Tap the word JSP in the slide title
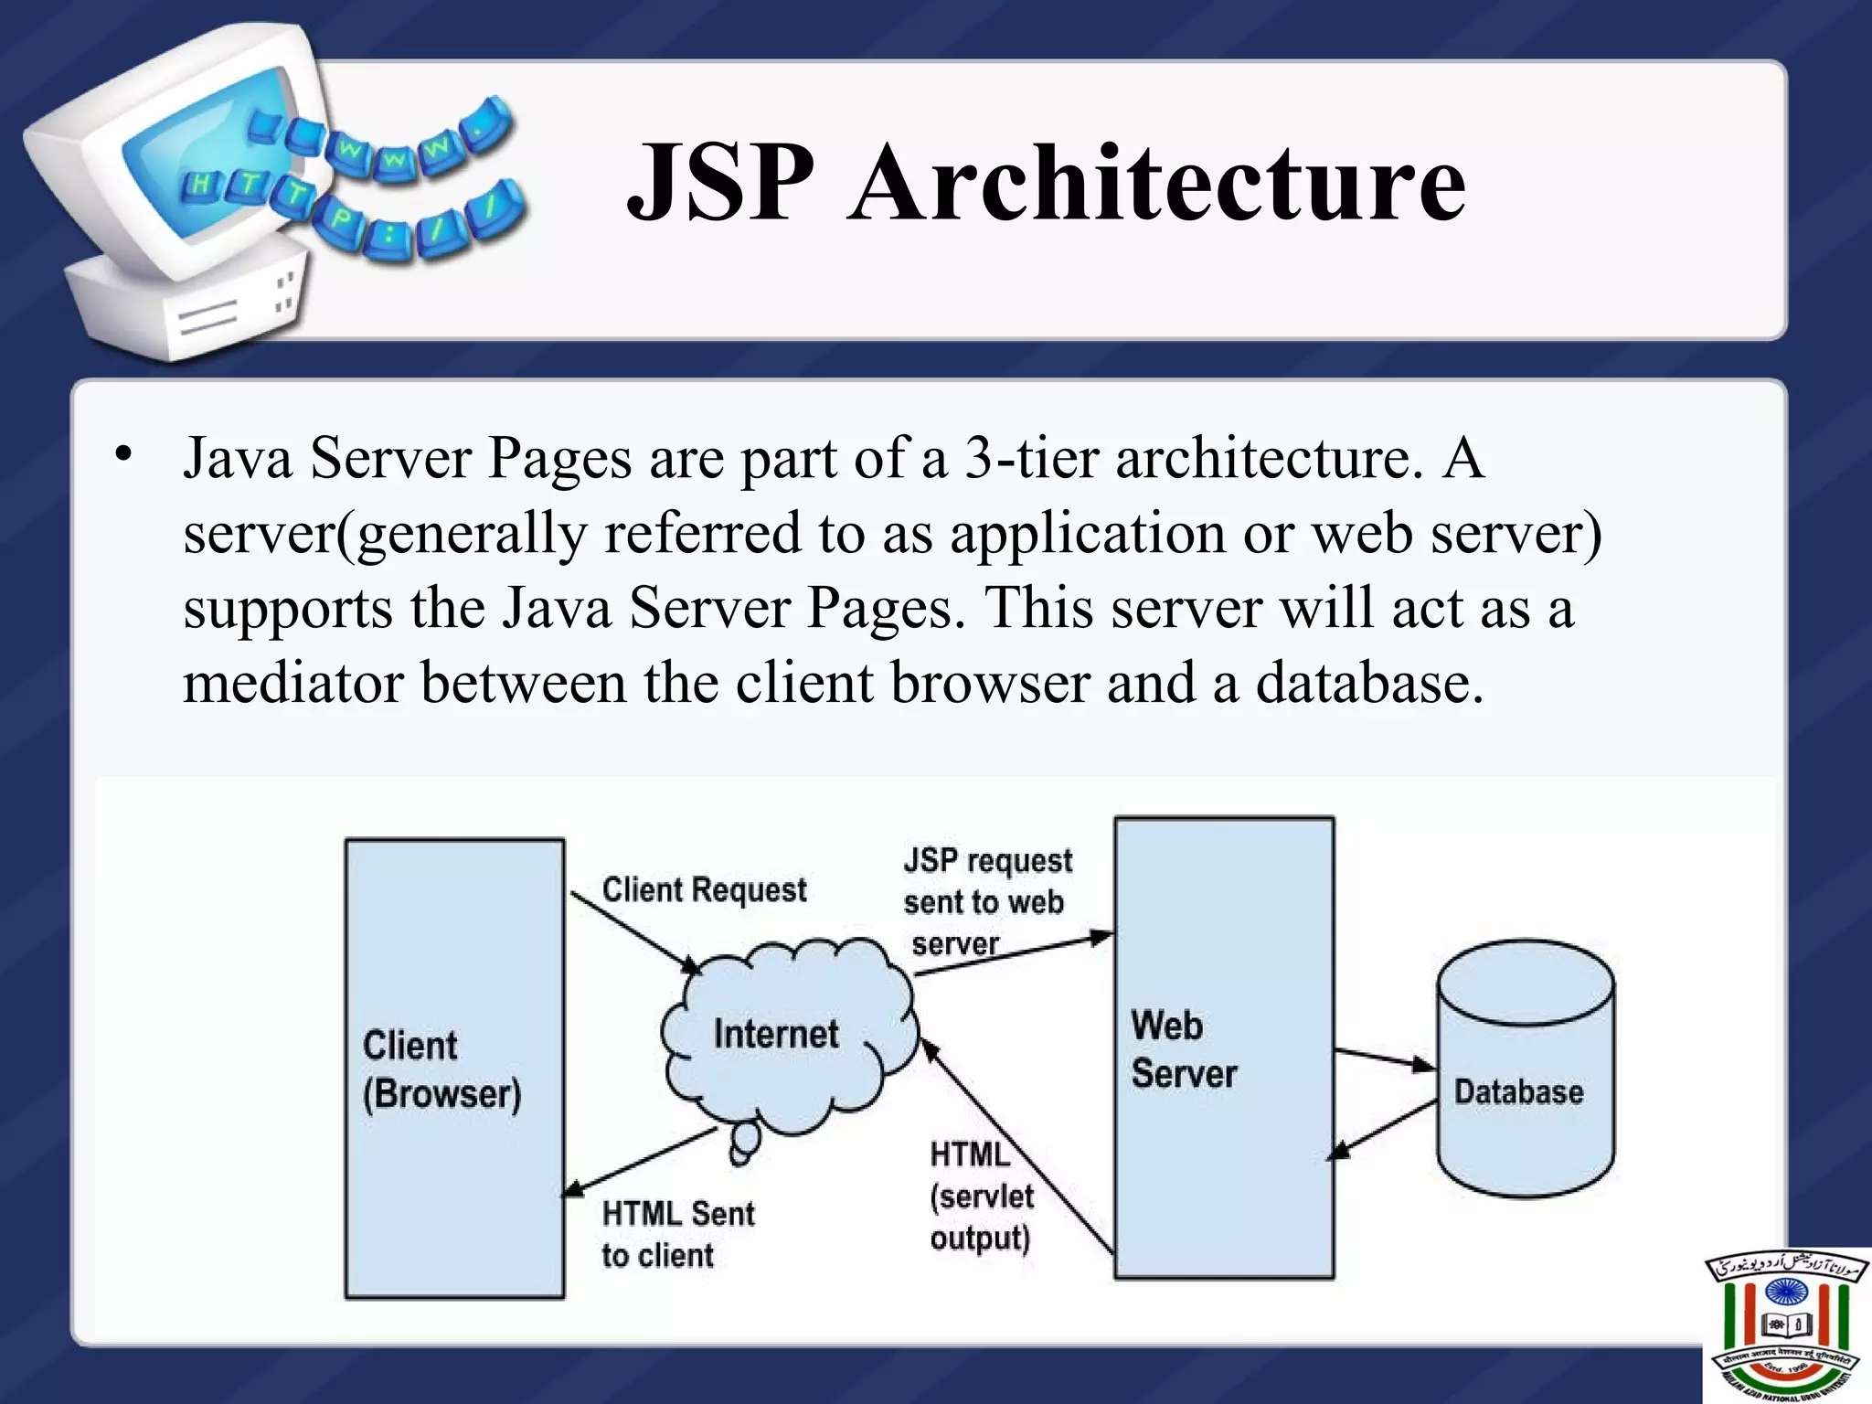pos(720,183)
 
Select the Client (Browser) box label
pos(441,1069)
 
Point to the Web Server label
pos(1183,1049)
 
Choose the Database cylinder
pos(1525,1069)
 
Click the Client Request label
pos(704,889)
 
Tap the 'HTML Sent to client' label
pos(677,1234)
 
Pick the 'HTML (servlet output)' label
pos(981,1197)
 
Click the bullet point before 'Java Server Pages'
pos(123,454)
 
